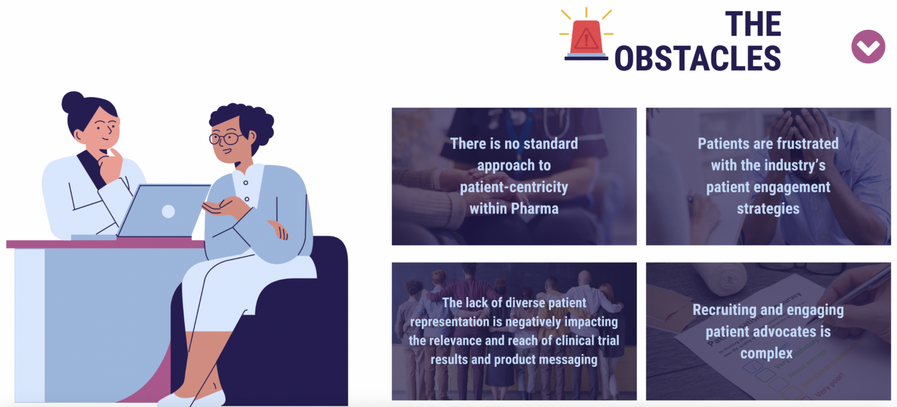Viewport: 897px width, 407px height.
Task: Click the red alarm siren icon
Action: pyautogui.click(x=586, y=35)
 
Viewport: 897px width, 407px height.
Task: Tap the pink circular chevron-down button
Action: pyautogui.click(x=868, y=47)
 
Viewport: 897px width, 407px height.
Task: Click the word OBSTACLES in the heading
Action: pyautogui.click(x=698, y=59)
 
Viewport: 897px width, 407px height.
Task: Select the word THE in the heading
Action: pyautogui.click(x=753, y=24)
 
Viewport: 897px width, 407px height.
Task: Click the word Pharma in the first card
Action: pyautogui.click(x=535, y=209)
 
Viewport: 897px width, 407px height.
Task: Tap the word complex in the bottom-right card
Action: pyautogui.click(x=767, y=353)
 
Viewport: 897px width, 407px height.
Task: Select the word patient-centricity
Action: pyautogui.click(x=514, y=187)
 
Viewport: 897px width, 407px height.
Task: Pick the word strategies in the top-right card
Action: pyautogui.click(x=768, y=209)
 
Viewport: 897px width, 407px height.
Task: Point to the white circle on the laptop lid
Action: pyautogui.click(x=168, y=211)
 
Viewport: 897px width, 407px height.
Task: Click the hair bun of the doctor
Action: pyautogui.click(x=72, y=103)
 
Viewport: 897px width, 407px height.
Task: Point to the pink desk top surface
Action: pyautogui.click(x=105, y=244)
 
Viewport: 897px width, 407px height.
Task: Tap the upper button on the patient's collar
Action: pyautogui.click(x=245, y=183)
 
